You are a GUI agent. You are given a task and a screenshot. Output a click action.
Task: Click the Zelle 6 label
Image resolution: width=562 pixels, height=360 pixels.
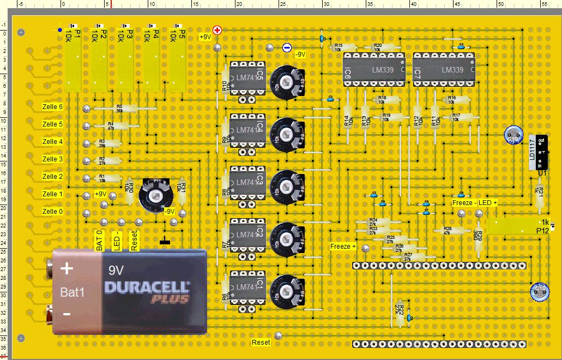[53, 107]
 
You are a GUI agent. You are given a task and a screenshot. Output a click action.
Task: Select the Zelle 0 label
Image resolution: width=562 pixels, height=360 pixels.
[53, 212]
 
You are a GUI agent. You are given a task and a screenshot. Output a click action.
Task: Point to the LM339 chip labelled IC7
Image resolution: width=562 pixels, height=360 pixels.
[444, 70]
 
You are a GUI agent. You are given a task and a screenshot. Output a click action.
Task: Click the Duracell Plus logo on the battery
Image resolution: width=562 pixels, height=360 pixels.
[147, 291]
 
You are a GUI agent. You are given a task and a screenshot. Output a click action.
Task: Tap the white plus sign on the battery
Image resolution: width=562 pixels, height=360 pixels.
[67, 268]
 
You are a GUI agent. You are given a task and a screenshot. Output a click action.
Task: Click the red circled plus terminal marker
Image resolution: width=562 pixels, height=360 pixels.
[217, 30]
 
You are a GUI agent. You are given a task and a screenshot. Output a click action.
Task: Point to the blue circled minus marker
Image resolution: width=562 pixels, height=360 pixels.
[287, 47]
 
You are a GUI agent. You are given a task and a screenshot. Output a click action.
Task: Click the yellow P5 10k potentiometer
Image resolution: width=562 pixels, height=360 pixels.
[177, 57]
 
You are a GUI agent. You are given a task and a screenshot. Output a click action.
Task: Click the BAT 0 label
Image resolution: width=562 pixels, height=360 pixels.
[100, 241]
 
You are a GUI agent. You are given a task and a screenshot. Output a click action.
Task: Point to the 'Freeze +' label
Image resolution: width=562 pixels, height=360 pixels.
[343, 247]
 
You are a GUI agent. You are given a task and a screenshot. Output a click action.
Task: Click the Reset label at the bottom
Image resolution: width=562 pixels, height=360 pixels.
[261, 343]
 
